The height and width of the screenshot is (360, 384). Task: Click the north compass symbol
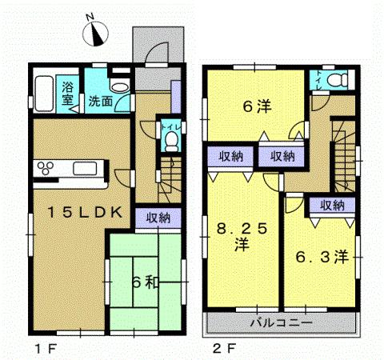coord(98,33)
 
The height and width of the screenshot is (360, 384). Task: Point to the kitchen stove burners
coord(46,167)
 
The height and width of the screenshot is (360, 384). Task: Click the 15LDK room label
coord(82,212)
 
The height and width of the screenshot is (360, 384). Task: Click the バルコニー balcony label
coord(280,323)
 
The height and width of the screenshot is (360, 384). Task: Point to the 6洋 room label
coord(256,106)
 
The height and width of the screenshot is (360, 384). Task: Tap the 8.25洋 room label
coord(240,235)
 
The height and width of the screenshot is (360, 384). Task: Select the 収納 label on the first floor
coord(157,216)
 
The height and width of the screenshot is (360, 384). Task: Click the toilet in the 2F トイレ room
coord(339,80)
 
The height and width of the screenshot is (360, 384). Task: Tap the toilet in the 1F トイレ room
coord(170,141)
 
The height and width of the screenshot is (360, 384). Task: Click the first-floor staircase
coord(170,178)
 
